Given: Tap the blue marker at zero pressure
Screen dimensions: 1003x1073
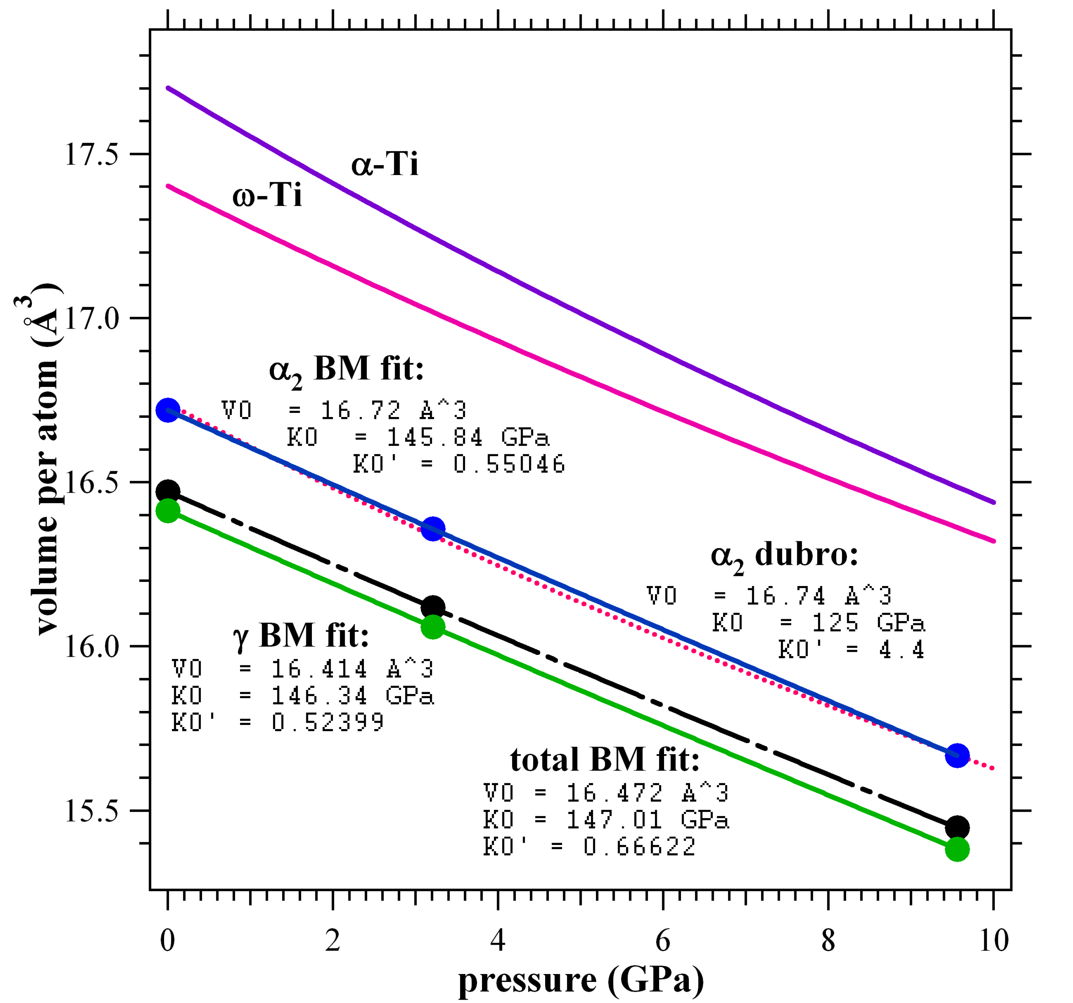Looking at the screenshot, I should coord(168,410).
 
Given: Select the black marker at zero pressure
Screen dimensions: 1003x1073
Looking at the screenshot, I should coord(168,492).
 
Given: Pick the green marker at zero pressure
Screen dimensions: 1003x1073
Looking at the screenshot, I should coord(168,511).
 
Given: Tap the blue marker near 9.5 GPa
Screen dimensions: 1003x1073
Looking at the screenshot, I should coord(957,756).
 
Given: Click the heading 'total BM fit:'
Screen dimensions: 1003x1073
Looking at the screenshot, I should coord(605,760).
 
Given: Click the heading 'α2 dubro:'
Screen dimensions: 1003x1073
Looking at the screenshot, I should coord(784,556).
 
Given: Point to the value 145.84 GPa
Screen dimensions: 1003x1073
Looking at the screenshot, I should coord(468,437).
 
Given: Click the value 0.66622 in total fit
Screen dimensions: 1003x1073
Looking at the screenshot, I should coord(639,846).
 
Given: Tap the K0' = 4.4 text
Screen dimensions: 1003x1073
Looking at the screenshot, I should coord(851,650).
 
